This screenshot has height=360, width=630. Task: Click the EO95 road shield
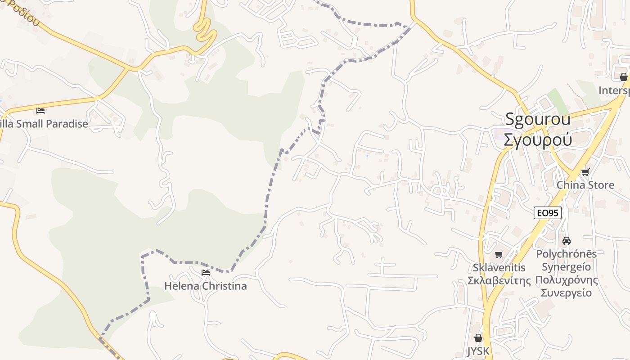(548, 213)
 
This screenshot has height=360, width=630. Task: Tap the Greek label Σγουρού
(538, 140)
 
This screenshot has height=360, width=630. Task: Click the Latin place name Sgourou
(538, 119)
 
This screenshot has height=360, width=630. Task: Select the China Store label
(585, 185)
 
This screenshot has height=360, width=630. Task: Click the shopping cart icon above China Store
(585, 172)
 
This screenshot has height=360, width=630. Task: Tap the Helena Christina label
(205, 286)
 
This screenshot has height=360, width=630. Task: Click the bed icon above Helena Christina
(206, 273)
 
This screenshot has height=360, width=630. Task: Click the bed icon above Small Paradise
(40, 111)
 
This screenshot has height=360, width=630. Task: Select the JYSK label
(478, 351)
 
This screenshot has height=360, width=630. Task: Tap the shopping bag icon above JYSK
(478, 337)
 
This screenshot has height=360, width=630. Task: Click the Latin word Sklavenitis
(499, 268)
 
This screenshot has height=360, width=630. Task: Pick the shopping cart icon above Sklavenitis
(499, 255)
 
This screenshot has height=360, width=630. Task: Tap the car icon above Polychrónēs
(567, 241)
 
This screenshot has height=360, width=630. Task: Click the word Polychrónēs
(567, 254)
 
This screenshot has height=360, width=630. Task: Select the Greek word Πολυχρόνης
(567, 280)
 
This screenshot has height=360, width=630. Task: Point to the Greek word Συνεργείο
(567, 293)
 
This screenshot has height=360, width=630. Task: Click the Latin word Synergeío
(567, 267)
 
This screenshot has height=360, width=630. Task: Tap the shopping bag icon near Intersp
(624, 77)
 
